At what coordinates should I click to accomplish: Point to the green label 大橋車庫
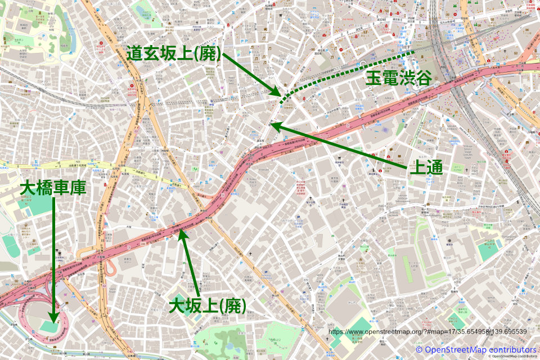[x=53, y=188]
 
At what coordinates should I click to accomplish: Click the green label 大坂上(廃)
[x=208, y=305]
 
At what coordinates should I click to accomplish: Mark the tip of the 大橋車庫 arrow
[x=53, y=319]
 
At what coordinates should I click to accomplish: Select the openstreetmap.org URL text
[x=427, y=331]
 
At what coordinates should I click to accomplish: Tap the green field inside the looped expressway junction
[x=49, y=325]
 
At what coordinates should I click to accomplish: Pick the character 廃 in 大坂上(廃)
[x=232, y=306]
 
